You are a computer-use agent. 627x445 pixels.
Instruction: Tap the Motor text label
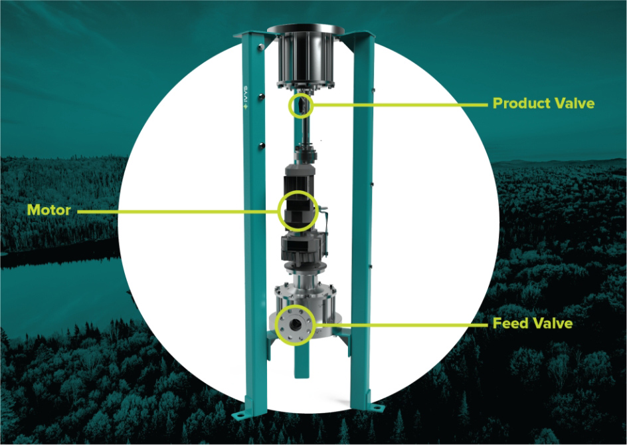(48, 210)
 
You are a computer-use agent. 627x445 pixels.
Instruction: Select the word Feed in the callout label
(509, 323)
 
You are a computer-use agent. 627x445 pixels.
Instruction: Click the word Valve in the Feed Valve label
(551, 323)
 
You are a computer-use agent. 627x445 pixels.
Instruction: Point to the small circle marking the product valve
(289, 105)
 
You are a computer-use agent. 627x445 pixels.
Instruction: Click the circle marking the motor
(278, 211)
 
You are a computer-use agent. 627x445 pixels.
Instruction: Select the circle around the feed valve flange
(276, 325)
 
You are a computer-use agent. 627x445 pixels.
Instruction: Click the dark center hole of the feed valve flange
(296, 325)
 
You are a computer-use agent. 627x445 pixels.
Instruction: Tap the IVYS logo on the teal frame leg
(246, 97)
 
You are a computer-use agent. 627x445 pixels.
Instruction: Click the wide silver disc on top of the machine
(306, 30)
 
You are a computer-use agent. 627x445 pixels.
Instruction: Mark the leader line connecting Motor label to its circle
(177, 211)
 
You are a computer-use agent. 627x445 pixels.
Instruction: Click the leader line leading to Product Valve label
(401, 105)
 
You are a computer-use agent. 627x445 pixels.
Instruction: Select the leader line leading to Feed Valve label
(403, 325)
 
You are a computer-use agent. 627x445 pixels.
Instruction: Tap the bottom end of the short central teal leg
(302, 377)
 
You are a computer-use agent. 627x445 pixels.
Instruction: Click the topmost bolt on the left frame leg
(260, 47)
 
